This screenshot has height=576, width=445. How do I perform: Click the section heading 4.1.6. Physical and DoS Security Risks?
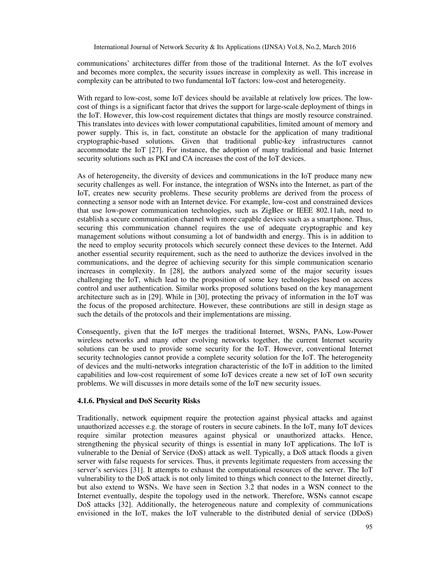click(139, 401)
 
